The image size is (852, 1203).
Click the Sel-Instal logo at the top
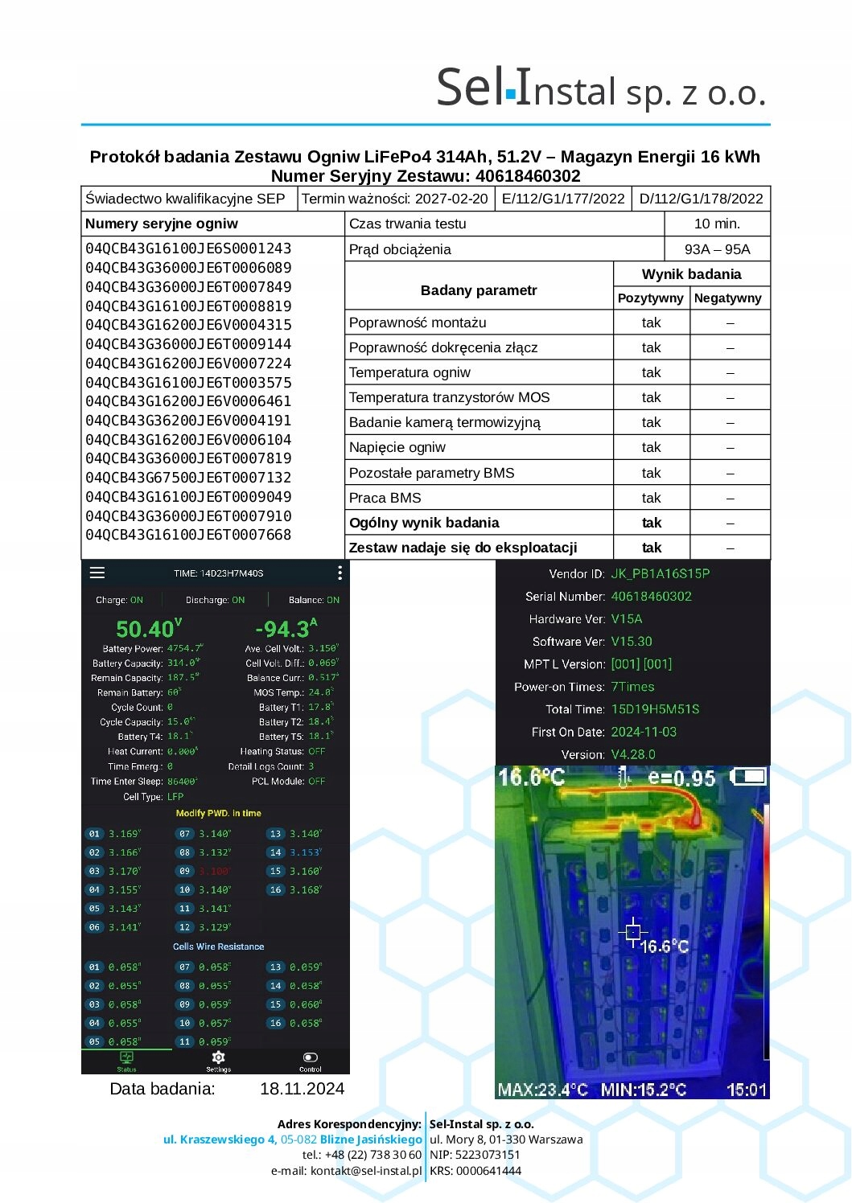click(600, 88)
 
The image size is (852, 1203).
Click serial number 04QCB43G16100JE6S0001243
click(188, 248)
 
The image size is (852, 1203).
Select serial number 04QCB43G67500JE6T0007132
click(188, 478)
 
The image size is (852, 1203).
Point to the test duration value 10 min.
click(717, 224)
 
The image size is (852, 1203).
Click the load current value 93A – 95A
click(717, 249)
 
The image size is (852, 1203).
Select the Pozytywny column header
click(650, 298)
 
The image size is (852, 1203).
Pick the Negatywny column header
click(727, 298)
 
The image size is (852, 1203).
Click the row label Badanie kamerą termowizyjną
click(444, 422)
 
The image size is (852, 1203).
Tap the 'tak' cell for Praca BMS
click(651, 498)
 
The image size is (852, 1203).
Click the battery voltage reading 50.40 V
click(149, 629)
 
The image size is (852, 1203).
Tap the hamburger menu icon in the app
click(97, 573)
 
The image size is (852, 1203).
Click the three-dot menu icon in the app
click(340, 573)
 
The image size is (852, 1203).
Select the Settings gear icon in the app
click(218, 1058)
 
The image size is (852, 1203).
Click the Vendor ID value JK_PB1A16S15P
click(660, 574)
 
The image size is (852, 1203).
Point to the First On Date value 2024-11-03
click(644, 732)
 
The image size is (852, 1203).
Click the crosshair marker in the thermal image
click(633, 932)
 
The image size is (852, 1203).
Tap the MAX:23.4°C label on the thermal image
click(542, 1090)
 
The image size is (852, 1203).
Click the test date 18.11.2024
click(302, 1089)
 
